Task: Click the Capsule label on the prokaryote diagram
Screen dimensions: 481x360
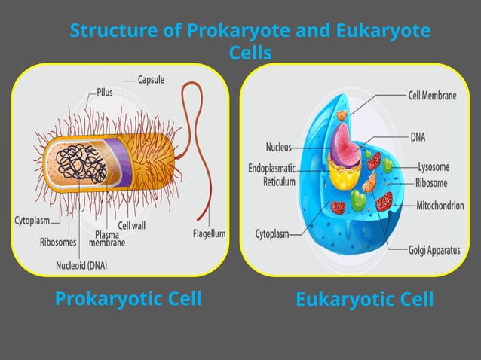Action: (x=151, y=78)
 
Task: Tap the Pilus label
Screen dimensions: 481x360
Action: (x=105, y=93)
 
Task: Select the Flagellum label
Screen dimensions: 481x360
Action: (x=209, y=233)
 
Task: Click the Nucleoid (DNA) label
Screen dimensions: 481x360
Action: (x=81, y=264)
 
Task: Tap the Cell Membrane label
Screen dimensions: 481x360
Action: (x=432, y=96)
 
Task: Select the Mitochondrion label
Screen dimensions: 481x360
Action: (x=440, y=204)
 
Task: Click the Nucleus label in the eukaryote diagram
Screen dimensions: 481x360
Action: (x=278, y=147)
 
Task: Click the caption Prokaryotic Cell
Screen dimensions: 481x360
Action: (x=128, y=299)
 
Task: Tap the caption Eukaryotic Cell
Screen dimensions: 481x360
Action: (x=364, y=300)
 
